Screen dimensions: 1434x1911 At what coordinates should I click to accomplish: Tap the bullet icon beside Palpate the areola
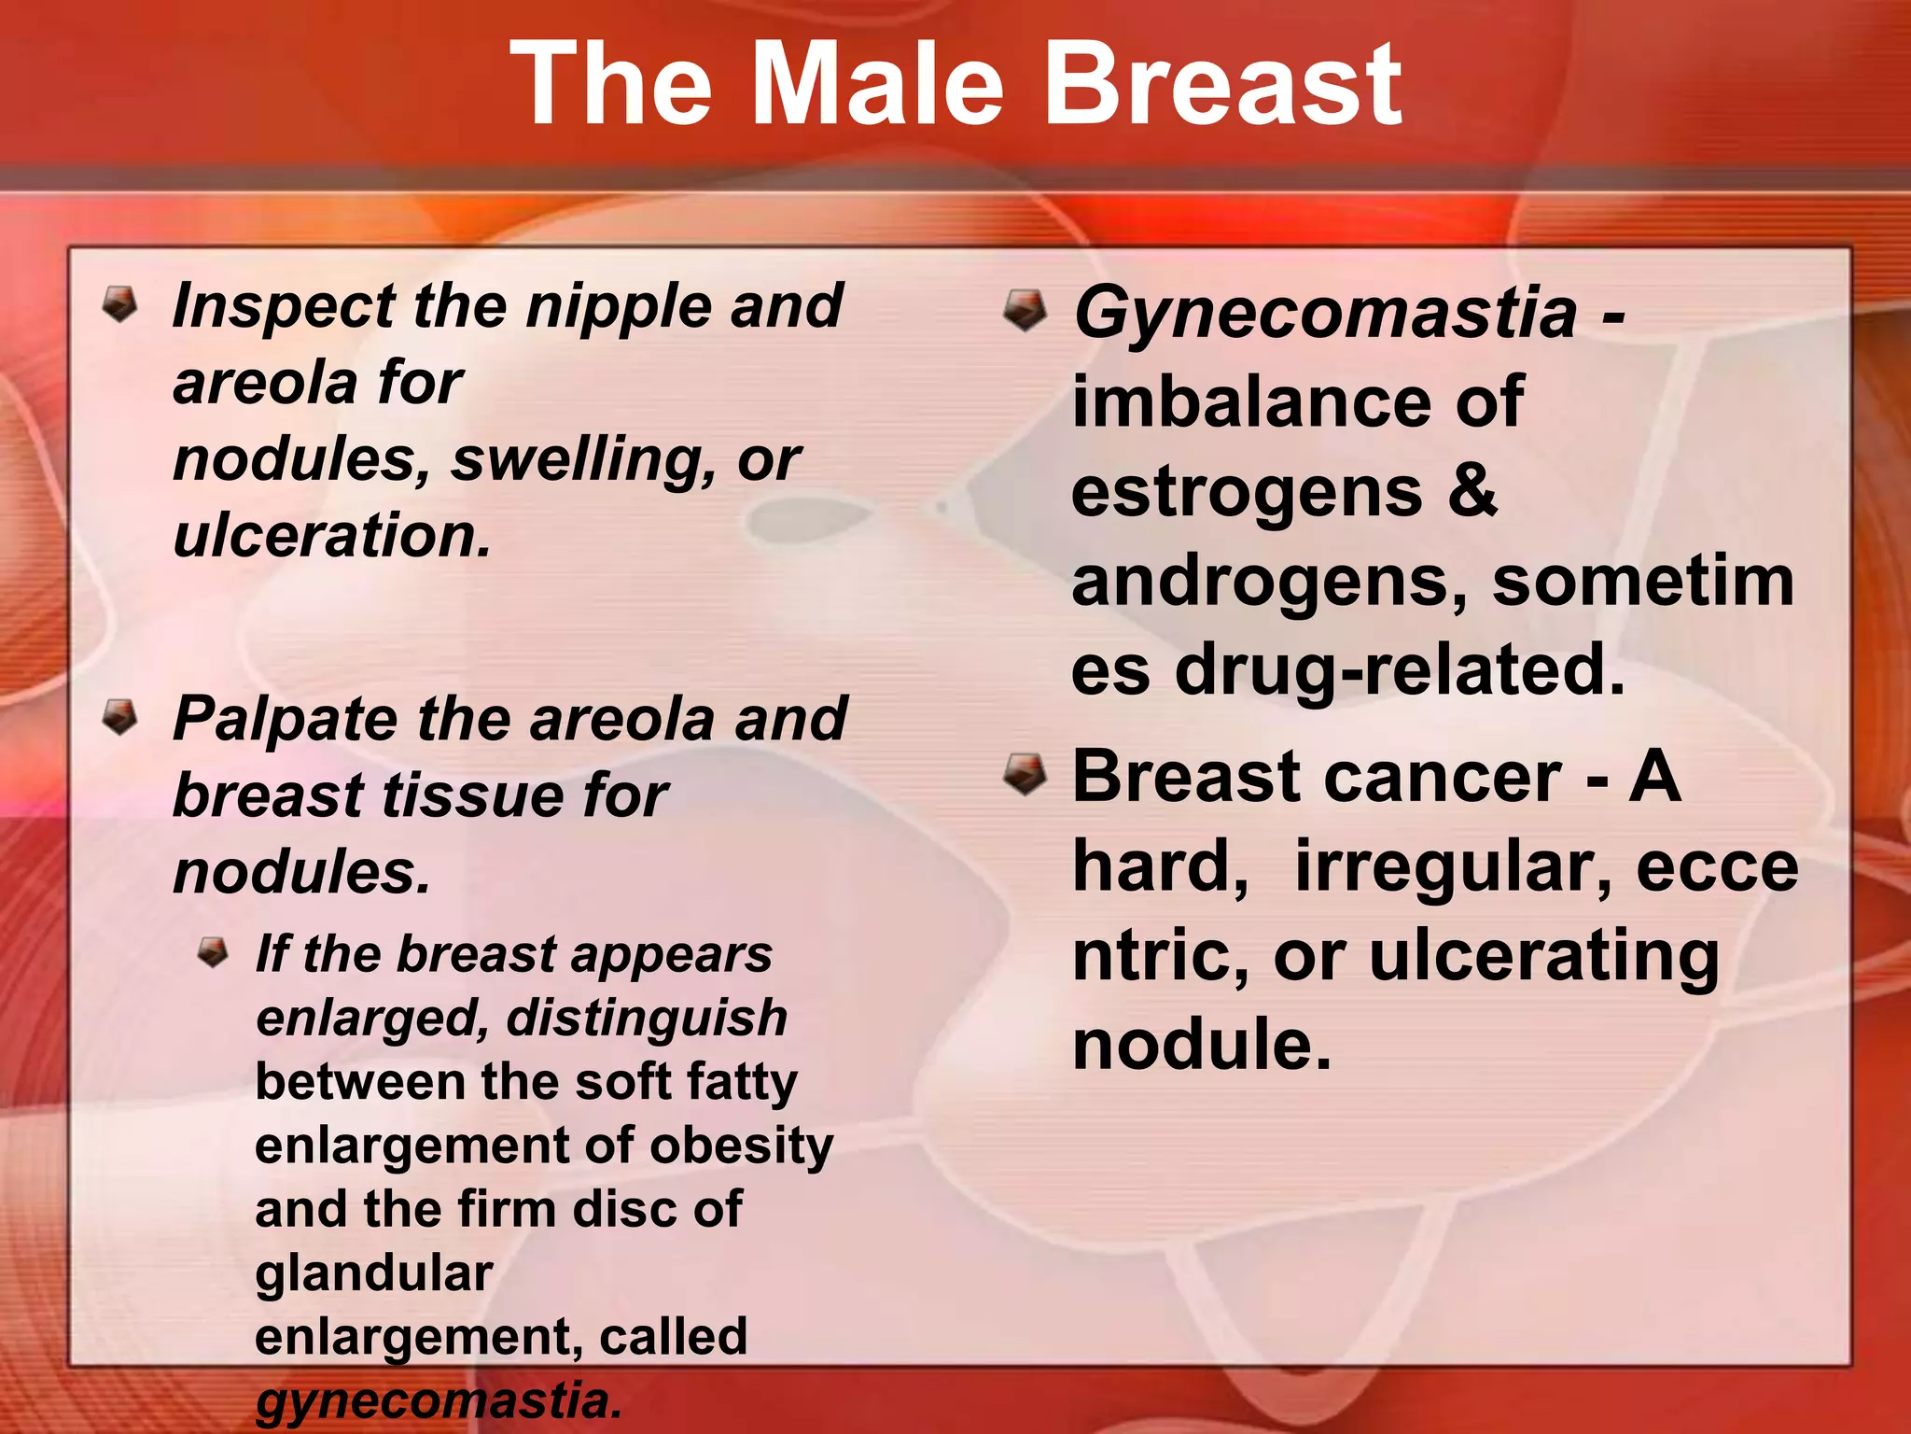click(120, 718)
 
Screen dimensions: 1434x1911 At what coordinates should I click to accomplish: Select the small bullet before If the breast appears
click(214, 953)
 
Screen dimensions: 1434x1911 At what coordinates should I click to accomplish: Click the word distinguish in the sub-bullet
click(647, 1018)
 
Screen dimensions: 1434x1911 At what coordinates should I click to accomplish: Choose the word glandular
click(373, 1273)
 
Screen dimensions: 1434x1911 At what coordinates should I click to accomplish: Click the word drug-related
click(1400, 669)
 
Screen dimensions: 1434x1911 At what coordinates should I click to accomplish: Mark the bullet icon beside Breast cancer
click(1025, 776)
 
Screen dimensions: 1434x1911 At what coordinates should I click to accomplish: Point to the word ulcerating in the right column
click(1543, 956)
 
